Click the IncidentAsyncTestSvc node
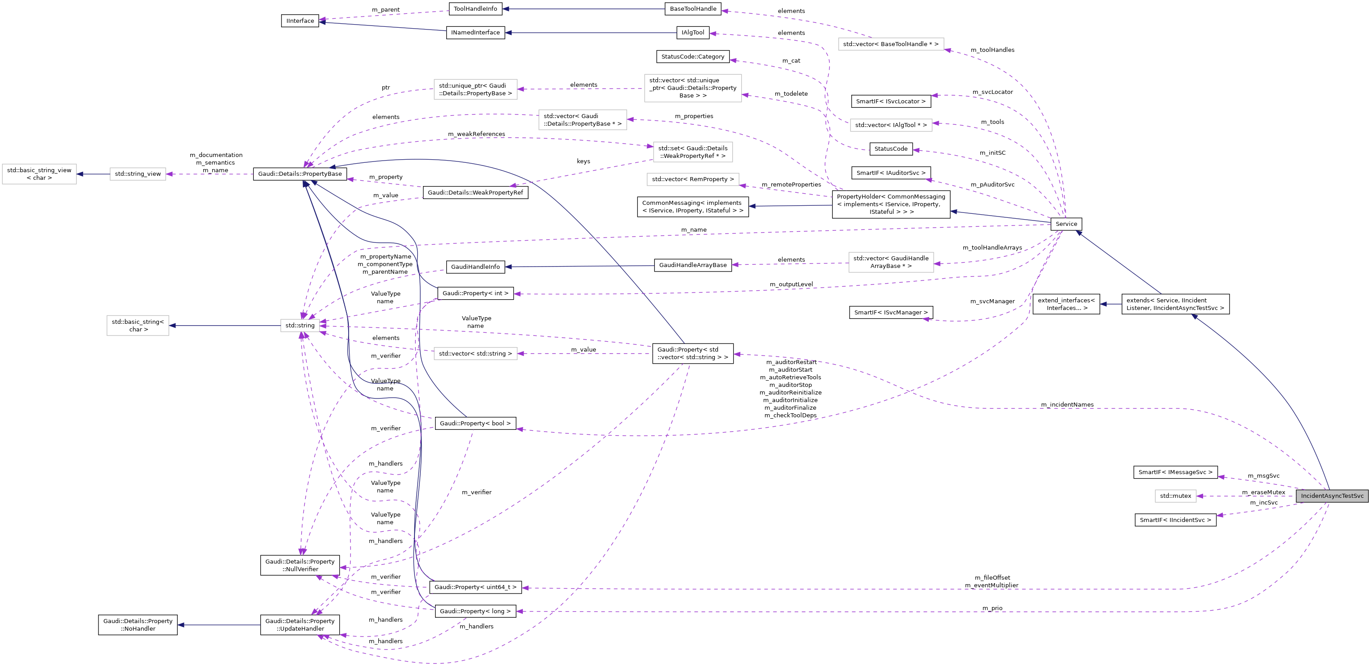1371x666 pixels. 1332,496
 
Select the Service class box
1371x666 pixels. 1066,224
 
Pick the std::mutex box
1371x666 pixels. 1175,496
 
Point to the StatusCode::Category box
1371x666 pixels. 692,56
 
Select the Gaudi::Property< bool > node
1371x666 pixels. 475,424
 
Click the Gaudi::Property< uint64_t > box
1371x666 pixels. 475,587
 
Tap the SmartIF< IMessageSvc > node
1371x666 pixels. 1175,472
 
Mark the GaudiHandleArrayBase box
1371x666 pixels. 692,265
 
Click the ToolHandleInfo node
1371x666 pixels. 475,8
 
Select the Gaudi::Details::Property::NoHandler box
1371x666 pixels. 137,625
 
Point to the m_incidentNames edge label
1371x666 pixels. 1067,405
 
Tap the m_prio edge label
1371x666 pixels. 992,608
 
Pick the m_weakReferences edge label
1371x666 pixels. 476,134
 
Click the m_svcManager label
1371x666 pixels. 992,301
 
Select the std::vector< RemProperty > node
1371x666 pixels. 692,179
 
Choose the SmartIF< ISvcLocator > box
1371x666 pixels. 890,101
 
